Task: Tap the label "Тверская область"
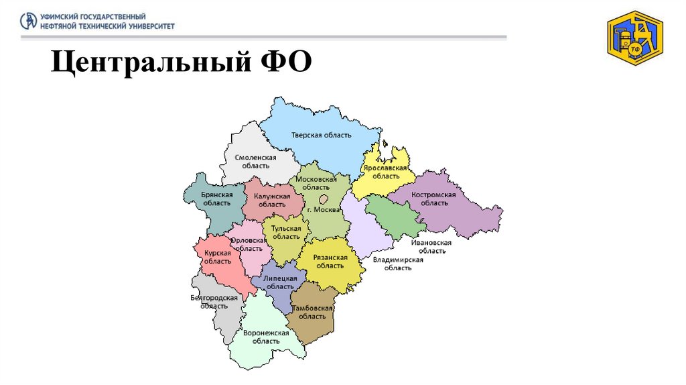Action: coord(321,135)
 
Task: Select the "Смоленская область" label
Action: coord(255,161)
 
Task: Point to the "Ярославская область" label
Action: coord(385,172)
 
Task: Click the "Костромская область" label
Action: coord(435,199)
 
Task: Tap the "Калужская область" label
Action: coord(271,200)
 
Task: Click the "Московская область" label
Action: coord(316,183)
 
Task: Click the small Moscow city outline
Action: coord(324,199)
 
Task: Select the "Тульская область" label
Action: coord(286,232)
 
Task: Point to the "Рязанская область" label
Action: coord(330,261)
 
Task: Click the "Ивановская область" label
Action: coord(431,246)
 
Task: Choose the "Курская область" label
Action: coord(218,257)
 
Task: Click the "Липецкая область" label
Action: coord(280,282)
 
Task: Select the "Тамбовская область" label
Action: coord(312,312)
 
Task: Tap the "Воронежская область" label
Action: coord(266,337)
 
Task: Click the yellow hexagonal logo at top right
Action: coord(634,38)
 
